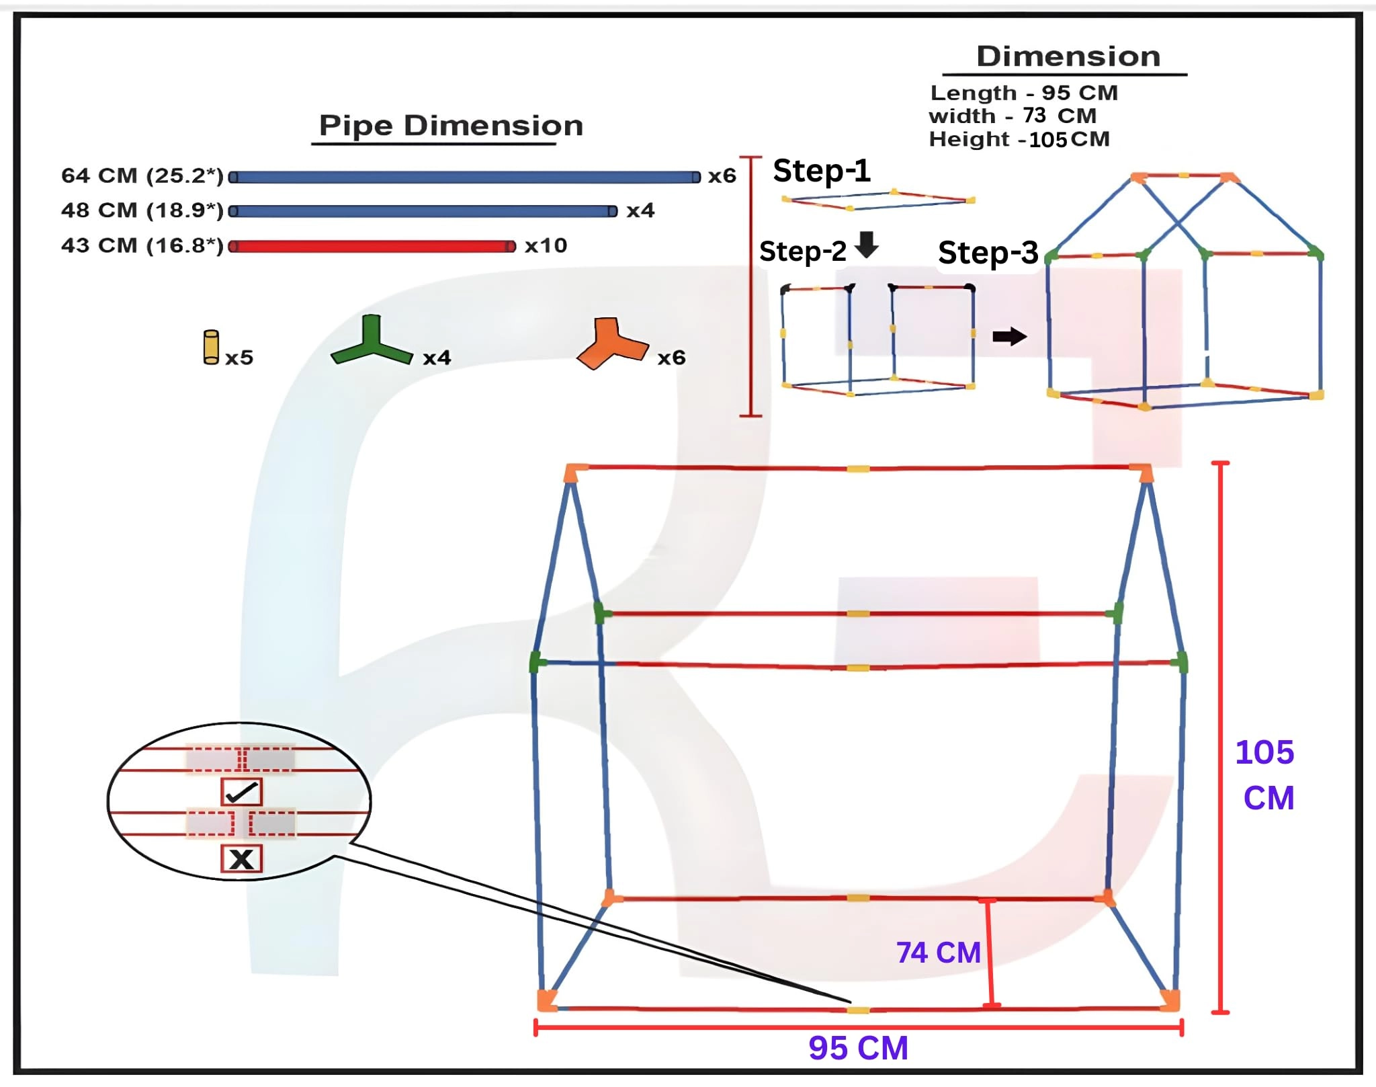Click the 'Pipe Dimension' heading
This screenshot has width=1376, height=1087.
coord(451,126)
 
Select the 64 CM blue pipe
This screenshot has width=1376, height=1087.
coord(465,177)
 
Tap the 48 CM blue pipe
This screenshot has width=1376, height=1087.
coord(423,211)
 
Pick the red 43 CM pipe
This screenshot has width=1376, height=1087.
coord(372,246)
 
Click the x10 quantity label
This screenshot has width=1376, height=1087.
coord(546,245)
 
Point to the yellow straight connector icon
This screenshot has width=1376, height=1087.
coord(211,347)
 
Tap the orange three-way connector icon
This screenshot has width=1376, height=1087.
coord(612,344)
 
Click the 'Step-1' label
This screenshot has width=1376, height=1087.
coord(822,171)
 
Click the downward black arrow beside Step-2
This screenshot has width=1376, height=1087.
coord(867,245)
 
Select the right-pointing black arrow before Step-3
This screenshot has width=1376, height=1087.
coord(1010,336)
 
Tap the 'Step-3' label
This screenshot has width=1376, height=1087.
coord(988,253)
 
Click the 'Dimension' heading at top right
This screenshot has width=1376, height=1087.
coord(1068,56)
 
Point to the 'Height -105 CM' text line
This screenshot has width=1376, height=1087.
coord(1019,139)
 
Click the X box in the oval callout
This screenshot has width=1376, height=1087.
coord(241,858)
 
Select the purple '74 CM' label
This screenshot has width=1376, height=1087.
coord(939,953)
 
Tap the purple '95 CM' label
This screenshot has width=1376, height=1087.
coord(858,1048)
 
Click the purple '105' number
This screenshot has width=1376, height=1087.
coord(1264,752)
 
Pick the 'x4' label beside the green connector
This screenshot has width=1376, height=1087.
coord(437,358)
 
